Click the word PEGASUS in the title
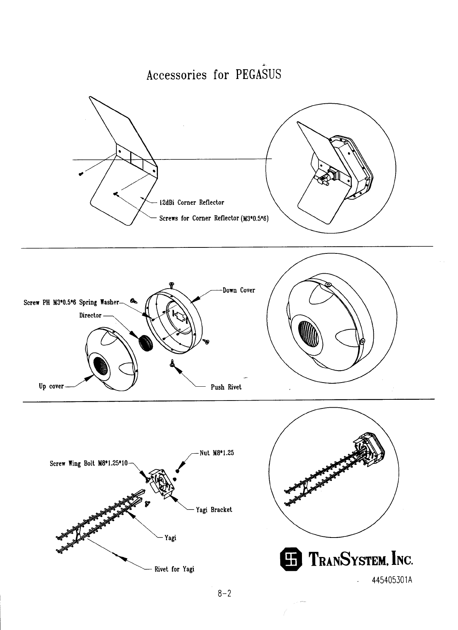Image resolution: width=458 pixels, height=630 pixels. coord(258,75)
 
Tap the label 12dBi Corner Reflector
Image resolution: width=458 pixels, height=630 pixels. coord(192,203)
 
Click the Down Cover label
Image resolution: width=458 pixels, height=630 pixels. coord(239,290)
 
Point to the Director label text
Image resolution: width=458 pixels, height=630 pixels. coord(90,316)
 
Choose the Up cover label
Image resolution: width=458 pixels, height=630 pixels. coord(51,386)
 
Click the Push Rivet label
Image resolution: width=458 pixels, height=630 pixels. coord(226,387)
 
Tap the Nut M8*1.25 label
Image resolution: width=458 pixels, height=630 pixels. coord(217,453)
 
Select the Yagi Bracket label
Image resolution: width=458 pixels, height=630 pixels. coord(214,510)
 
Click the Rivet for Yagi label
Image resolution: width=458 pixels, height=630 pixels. coord(174,569)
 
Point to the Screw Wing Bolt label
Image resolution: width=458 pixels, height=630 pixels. coord(89,464)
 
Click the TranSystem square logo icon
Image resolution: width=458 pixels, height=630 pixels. coord(291,560)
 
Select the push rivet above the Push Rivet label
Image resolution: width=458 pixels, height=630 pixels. coord(172,363)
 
